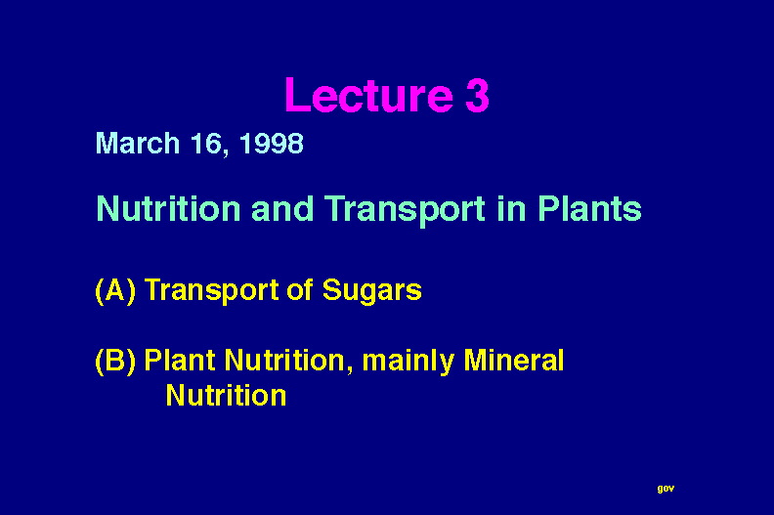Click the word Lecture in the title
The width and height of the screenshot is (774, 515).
(368, 95)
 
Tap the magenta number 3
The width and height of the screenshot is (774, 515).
(477, 95)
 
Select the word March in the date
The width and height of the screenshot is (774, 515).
(138, 144)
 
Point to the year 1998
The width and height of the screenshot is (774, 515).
(271, 144)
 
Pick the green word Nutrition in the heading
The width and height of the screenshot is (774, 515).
(168, 208)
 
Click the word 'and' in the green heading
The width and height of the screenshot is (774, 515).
(282, 208)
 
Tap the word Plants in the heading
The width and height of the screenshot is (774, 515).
(589, 208)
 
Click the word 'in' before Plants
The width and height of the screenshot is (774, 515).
(512, 208)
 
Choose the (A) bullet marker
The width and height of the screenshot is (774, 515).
(115, 290)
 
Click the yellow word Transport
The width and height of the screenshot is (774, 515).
(212, 290)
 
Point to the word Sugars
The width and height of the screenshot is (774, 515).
(371, 290)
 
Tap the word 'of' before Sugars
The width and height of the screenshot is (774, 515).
(300, 289)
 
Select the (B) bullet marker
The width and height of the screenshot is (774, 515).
(115, 361)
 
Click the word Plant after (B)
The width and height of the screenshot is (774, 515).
(180, 360)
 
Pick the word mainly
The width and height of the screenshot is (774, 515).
(408, 361)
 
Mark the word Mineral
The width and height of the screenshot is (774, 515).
(513, 360)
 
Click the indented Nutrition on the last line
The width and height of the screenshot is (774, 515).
(226, 395)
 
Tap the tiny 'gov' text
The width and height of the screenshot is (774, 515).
(666, 489)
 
